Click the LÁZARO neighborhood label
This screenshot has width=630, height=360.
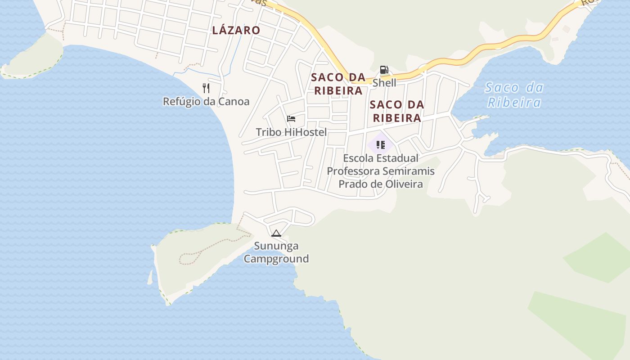coord(236,30)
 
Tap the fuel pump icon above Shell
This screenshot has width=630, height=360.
coord(384,70)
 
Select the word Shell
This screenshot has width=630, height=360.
coord(384,83)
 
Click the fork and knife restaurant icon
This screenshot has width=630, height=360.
coord(206,88)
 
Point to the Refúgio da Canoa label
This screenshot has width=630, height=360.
coord(206,101)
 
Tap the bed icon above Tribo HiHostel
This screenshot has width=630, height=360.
coord(291,119)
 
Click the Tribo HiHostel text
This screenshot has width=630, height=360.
coord(291,132)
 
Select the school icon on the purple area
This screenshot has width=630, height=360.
coord(381,145)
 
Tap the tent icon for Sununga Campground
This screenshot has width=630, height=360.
coord(276,233)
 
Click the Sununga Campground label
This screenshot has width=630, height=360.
coord(276,252)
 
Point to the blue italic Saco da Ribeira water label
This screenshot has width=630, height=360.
coord(514,94)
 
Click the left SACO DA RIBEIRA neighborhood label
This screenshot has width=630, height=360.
coord(338,84)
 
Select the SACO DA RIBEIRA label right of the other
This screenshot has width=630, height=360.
coord(396,111)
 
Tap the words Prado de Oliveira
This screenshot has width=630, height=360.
coord(381,184)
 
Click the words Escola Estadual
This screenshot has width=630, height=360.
coord(381,158)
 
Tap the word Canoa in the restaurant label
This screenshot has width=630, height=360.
coord(234,101)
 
